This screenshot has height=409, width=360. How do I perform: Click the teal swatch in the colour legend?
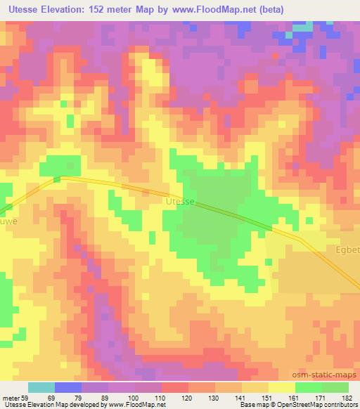[x=41, y=387]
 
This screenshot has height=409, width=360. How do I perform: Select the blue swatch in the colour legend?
[x=68, y=387]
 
